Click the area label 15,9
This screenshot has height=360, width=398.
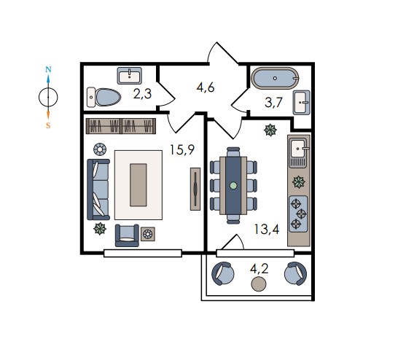click(x=182, y=149)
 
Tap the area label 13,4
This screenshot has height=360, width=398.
click(x=267, y=230)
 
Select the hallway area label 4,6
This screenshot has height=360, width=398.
click(x=206, y=87)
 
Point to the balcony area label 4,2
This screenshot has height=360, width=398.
click(x=259, y=269)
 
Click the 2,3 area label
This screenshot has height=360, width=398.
click(x=142, y=94)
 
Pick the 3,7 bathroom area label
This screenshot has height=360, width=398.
click(x=273, y=103)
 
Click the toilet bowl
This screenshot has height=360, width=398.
click(x=104, y=97)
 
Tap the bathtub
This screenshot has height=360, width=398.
click(x=275, y=78)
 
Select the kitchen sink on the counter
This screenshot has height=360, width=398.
click(x=299, y=149)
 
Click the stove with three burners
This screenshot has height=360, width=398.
click(x=299, y=214)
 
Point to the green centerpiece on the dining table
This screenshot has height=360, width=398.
click(x=233, y=186)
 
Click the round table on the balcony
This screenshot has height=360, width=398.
click(x=259, y=284)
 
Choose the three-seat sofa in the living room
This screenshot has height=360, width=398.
click(x=98, y=189)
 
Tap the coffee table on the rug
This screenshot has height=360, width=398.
click(x=138, y=185)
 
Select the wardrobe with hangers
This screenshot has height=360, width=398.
click(x=121, y=126)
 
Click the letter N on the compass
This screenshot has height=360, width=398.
click(x=48, y=69)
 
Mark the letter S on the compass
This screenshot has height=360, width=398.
click(x=48, y=125)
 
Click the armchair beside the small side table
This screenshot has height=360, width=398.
click(x=127, y=235)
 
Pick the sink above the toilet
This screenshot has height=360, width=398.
click(x=130, y=76)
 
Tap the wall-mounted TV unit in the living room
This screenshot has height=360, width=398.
click(x=195, y=189)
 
